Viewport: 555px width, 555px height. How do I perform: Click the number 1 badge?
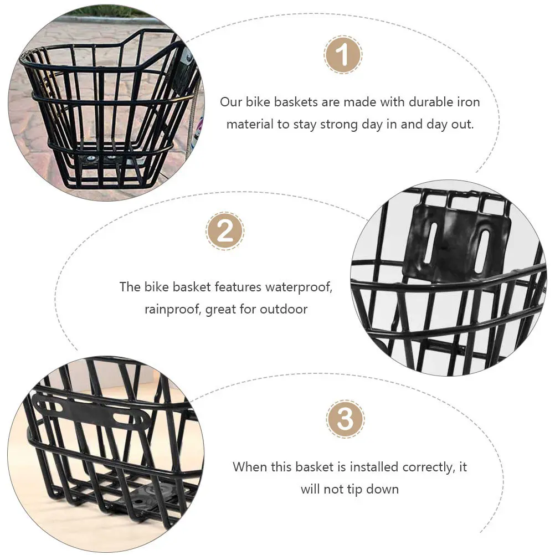[343, 55]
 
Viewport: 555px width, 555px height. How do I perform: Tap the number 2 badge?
[225, 231]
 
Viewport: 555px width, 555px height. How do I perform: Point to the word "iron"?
[467, 102]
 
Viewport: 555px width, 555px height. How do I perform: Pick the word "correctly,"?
[423, 467]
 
